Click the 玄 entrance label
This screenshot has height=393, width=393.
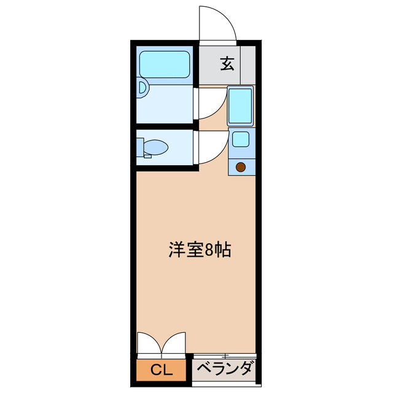[228, 63]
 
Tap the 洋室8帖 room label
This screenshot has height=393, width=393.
[200, 250]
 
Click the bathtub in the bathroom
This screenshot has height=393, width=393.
[164, 63]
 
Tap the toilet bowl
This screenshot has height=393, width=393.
[157, 147]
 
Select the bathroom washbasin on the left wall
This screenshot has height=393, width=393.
[142, 88]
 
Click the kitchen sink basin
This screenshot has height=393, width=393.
[240, 106]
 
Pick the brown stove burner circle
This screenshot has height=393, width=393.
[241, 166]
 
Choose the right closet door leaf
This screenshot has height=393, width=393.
[174, 344]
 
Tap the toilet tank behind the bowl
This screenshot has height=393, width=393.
[141, 147]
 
